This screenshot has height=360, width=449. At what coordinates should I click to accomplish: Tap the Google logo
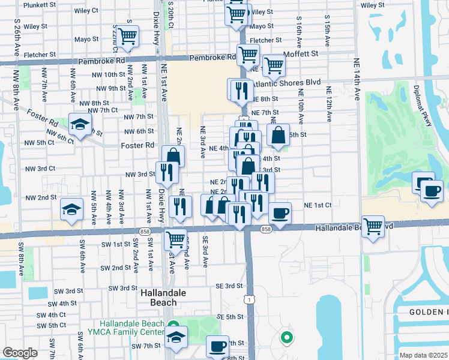coord(20,353)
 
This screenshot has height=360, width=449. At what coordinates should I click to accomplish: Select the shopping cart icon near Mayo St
coord(127,37)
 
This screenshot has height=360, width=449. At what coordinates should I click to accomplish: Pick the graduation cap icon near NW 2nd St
coord(71,209)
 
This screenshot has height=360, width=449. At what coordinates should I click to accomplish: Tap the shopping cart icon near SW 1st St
coord(175,239)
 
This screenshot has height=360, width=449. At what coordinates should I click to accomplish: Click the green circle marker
coord(286,337)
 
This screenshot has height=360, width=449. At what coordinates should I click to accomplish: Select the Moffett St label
coord(303,53)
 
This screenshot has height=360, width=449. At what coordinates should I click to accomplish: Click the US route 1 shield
coord(248,298)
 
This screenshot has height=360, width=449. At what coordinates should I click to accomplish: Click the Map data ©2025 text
coord(423,355)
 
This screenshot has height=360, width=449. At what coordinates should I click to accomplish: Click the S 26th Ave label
coord(17,35)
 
